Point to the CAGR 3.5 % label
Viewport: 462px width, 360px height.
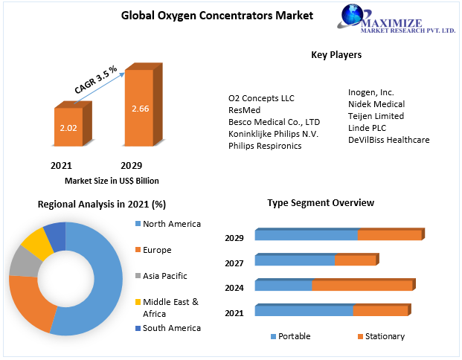[96, 80]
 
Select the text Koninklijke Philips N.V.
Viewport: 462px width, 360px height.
[274, 133]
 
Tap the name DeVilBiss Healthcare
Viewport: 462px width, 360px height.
[388, 140]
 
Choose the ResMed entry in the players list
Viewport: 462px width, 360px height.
[244, 109]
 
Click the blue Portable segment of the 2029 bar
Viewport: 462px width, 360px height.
[306, 235]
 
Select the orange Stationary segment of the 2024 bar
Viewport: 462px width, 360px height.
[362, 286]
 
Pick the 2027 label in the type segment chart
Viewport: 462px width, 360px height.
[234, 263]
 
